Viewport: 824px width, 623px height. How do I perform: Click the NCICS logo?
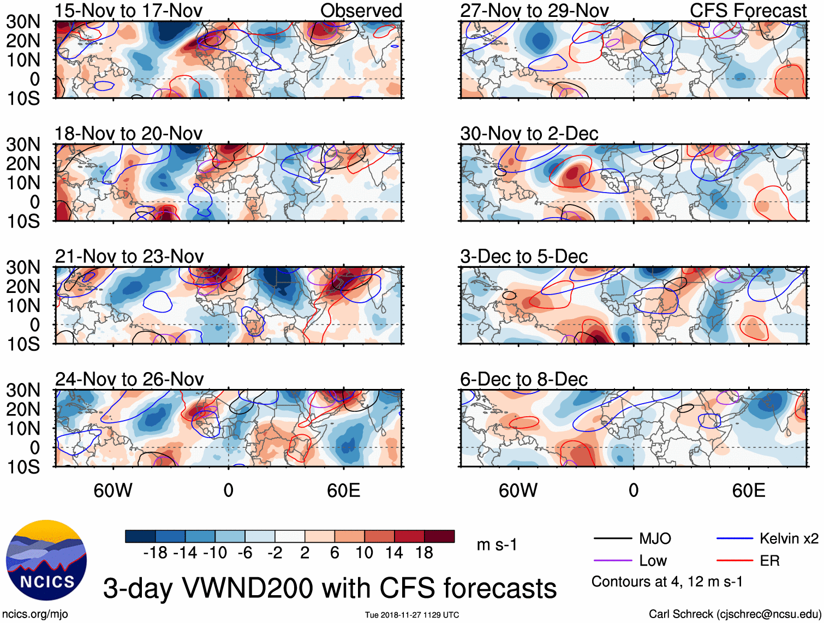(x=46, y=561)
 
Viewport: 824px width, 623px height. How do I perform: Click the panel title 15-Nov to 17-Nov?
(x=128, y=10)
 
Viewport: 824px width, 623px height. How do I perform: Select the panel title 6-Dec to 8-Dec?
(x=524, y=379)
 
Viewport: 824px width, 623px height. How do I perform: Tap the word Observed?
(x=361, y=10)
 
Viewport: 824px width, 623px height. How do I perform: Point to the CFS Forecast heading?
(x=748, y=10)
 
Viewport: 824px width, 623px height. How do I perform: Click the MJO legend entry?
(x=655, y=539)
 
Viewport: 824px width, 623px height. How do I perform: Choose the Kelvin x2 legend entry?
(x=789, y=539)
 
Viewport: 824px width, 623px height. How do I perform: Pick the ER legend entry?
(x=769, y=561)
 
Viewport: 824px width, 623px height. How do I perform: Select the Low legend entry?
(x=653, y=561)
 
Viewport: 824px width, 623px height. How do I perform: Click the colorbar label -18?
(x=155, y=553)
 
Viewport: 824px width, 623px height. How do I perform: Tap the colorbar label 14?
(x=394, y=553)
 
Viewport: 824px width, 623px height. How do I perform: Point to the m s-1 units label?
(x=497, y=545)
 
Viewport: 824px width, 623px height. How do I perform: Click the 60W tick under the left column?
(x=113, y=490)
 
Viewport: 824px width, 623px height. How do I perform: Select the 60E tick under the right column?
(x=748, y=490)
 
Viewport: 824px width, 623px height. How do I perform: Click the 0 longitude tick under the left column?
(x=228, y=490)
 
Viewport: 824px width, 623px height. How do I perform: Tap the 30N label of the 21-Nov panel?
(x=23, y=267)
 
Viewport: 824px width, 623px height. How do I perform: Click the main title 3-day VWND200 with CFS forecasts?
(x=330, y=588)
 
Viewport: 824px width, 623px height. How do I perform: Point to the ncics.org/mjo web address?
(x=35, y=614)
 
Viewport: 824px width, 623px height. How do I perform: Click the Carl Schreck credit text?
(x=735, y=614)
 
